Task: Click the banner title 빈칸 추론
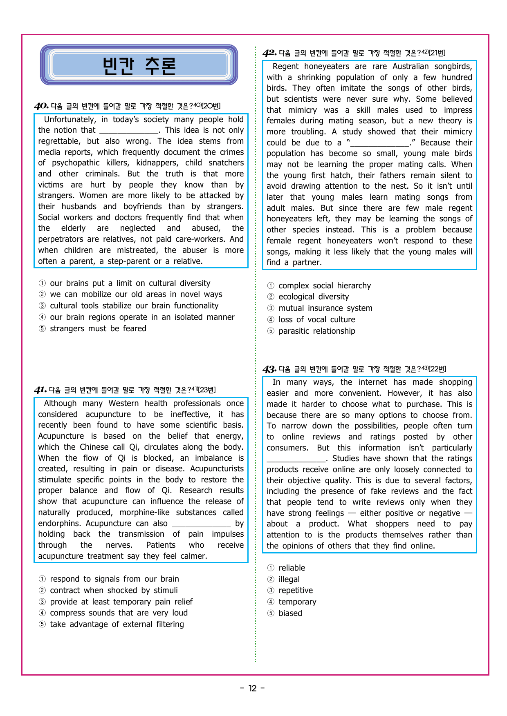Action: [139, 65]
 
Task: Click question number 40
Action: [41, 106]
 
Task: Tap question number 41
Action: [40, 390]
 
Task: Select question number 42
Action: [269, 53]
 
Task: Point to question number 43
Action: [269, 369]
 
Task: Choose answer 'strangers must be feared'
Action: [98, 328]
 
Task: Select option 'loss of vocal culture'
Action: [316, 319]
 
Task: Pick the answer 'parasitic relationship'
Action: [316, 331]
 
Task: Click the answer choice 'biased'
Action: [290, 613]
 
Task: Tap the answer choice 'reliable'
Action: [292, 568]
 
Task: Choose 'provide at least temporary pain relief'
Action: [121, 602]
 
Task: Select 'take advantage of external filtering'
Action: [117, 624]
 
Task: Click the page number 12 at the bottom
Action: [253, 688]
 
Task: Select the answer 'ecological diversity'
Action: [314, 297]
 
